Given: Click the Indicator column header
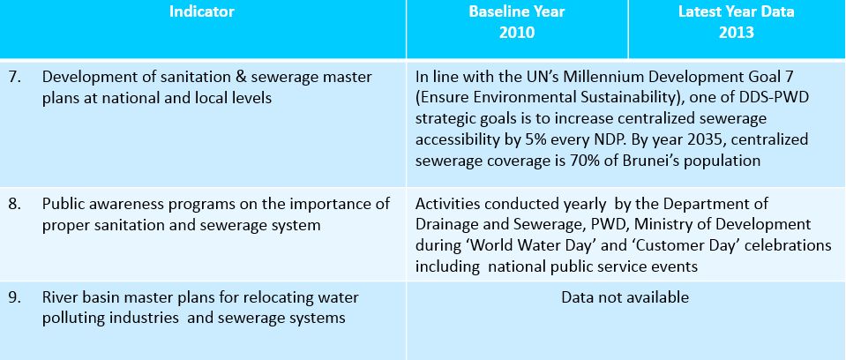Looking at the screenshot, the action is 202,11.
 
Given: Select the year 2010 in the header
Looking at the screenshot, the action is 516,33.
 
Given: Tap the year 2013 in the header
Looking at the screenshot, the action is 736,33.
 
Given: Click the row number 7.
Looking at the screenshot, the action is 15,77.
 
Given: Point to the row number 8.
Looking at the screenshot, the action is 15,204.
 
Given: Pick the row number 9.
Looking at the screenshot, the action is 15,297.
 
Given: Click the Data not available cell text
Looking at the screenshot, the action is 625,297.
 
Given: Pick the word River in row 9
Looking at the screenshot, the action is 57,297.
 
